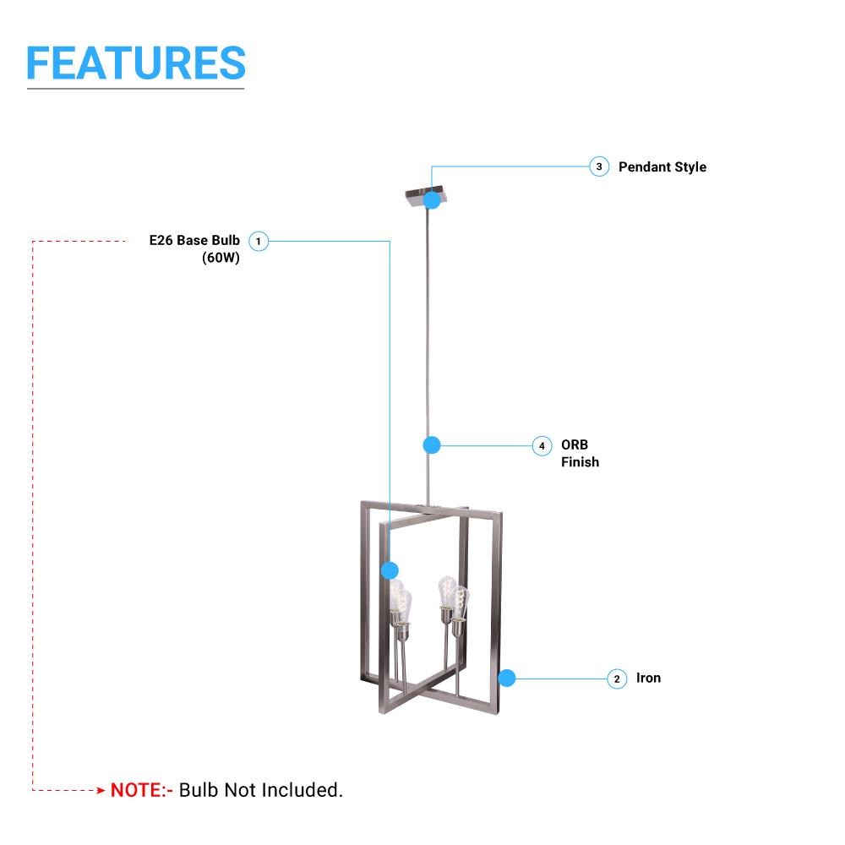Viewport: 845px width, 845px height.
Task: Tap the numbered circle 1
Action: (259, 242)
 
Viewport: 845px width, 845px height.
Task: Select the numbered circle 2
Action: (618, 679)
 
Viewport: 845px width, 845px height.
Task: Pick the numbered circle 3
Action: (599, 166)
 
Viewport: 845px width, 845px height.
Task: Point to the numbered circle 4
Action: (542, 445)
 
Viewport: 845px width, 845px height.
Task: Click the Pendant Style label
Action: (662, 167)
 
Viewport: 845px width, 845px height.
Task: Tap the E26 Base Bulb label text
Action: (194, 241)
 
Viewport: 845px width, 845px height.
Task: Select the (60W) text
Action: (221, 259)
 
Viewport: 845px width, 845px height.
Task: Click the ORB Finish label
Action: (580, 453)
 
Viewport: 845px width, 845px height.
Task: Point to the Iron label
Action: (648, 678)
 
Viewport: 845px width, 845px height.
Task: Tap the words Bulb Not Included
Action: (261, 791)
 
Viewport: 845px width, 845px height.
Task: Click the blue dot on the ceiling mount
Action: (432, 200)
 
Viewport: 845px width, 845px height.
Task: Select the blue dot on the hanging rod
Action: (432, 444)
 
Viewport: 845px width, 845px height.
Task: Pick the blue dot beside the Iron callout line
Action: (507, 678)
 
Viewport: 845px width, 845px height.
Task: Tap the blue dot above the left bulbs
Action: (389, 570)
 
